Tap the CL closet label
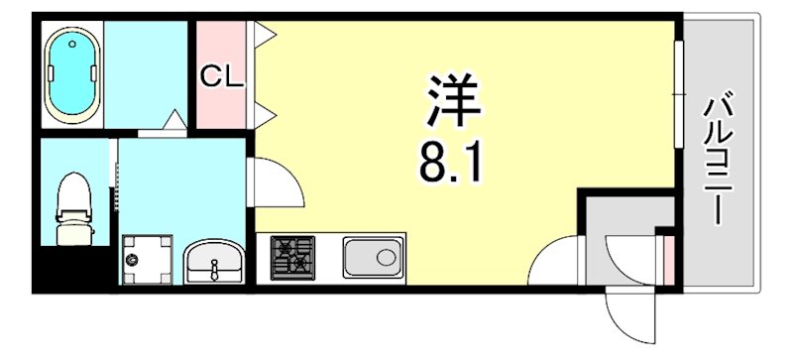222,76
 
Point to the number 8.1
449,161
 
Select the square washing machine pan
147,260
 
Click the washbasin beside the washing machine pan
211,262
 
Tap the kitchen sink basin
373,258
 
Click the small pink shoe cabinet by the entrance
668,255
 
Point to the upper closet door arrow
266,37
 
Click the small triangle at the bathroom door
174,123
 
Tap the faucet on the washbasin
211,268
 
